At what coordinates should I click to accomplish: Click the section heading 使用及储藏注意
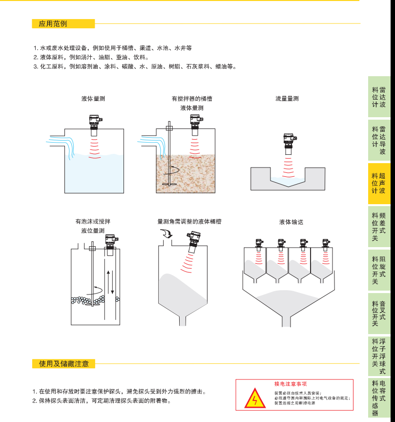point(63,364)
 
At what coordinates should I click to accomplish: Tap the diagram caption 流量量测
point(287,99)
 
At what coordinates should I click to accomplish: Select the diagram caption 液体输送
point(291,222)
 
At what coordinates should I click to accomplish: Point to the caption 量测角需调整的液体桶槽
point(189,221)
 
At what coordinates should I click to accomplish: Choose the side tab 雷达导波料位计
point(379,140)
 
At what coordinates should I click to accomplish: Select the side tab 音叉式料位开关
point(379,313)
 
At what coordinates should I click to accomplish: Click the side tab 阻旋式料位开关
point(379,270)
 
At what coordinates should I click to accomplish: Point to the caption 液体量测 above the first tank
point(93,99)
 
